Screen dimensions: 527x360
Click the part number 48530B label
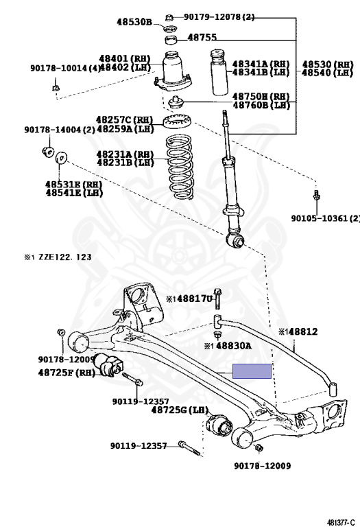pos(134,22)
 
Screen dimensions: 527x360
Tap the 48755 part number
pos(202,38)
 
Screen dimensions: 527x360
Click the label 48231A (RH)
pos(124,154)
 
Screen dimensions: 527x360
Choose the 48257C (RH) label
pos(124,119)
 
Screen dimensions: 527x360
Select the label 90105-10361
pos(324,218)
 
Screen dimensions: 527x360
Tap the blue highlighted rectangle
pos(252,371)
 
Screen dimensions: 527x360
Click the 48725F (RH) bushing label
pos(66,373)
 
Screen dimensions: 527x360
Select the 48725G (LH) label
pos(179,410)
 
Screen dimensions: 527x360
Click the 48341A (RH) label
pos(261,64)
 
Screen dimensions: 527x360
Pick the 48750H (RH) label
pos(261,97)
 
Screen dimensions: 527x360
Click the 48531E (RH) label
pos(73,185)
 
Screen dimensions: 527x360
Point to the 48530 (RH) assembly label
pos(328,64)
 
